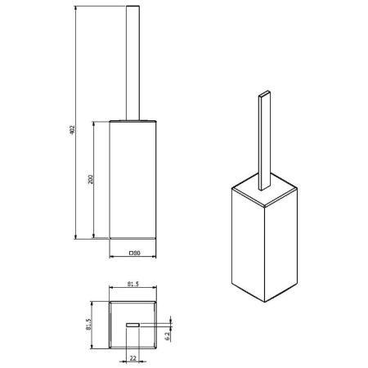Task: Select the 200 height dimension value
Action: [x=92, y=179]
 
